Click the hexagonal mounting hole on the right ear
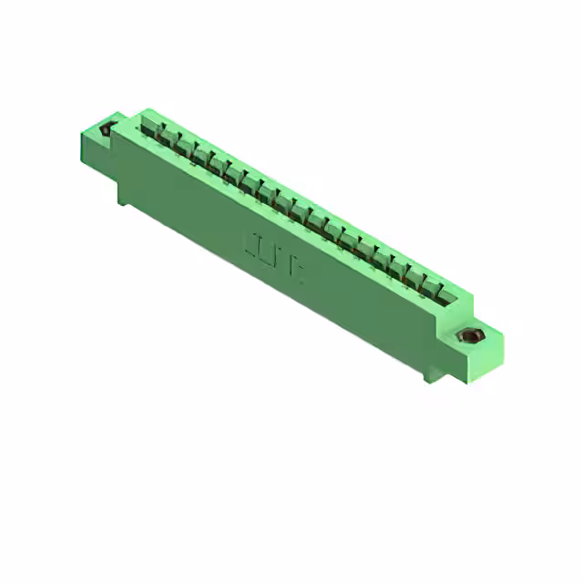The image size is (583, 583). pos(472,336)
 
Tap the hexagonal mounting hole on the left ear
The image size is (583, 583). pos(107,128)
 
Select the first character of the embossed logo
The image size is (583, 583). pos(251,243)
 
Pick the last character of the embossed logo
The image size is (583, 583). pos(297,271)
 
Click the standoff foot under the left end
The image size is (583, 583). pos(122,194)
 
